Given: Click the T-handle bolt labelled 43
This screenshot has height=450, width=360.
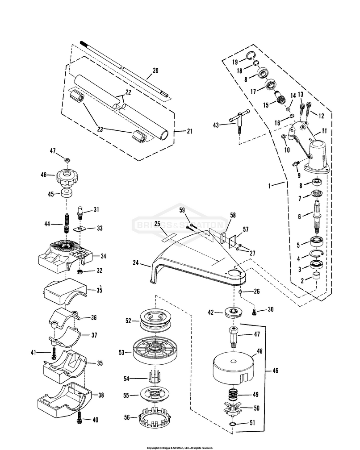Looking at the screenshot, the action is pyautogui.click(x=239, y=120).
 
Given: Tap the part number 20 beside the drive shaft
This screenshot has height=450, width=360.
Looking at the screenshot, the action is pyautogui.click(x=155, y=71).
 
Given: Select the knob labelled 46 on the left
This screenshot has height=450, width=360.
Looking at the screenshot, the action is pyautogui.click(x=68, y=176).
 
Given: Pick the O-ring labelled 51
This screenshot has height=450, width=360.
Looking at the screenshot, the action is pyautogui.click(x=233, y=424).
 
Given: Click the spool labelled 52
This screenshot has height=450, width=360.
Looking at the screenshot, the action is pyautogui.click(x=155, y=320).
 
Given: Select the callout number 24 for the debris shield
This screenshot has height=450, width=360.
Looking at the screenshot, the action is pyautogui.click(x=136, y=262).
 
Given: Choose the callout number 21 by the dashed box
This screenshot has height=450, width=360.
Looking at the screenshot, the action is pyautogui.click(x=189, y=131).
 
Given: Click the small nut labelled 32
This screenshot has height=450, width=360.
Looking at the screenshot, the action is pyautogui.click(x=80, y=271).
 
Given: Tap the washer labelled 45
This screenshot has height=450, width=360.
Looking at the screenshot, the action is pyautogui.click(x=67, y=192).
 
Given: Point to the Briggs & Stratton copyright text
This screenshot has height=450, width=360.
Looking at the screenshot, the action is pyautogui.click(x=180, y=448).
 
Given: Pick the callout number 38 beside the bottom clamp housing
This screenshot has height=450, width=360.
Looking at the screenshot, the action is pyautogui.click(x=101, y=395).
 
